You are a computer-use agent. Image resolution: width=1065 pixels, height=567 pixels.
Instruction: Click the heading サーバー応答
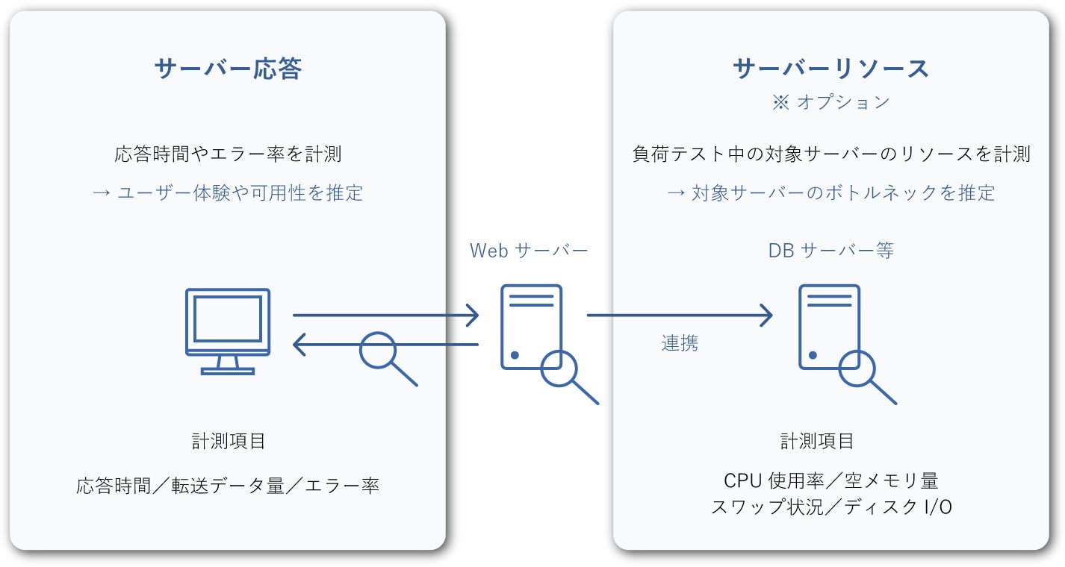[228, 69]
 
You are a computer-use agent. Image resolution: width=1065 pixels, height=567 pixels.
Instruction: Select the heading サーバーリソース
[830, 69]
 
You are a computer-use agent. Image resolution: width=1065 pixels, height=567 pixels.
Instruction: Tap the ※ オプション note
[830, 102]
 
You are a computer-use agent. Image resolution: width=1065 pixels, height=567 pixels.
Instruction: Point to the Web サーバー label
[529, 251]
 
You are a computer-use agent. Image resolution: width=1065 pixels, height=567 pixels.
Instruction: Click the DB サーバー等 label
[830, 251]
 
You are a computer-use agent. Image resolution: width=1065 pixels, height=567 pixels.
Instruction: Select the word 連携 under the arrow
[680, 343]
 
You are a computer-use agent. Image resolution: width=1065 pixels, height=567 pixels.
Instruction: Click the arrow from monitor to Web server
[385, 316]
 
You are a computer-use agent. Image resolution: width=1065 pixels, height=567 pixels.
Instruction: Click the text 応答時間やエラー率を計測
[228, 154]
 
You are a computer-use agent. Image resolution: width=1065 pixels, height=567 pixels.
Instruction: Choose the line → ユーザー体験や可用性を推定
[228, 193]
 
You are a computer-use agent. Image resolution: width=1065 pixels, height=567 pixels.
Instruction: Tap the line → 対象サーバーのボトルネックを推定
[830, 193]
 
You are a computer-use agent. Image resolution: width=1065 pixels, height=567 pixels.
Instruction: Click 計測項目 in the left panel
[228, 441]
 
